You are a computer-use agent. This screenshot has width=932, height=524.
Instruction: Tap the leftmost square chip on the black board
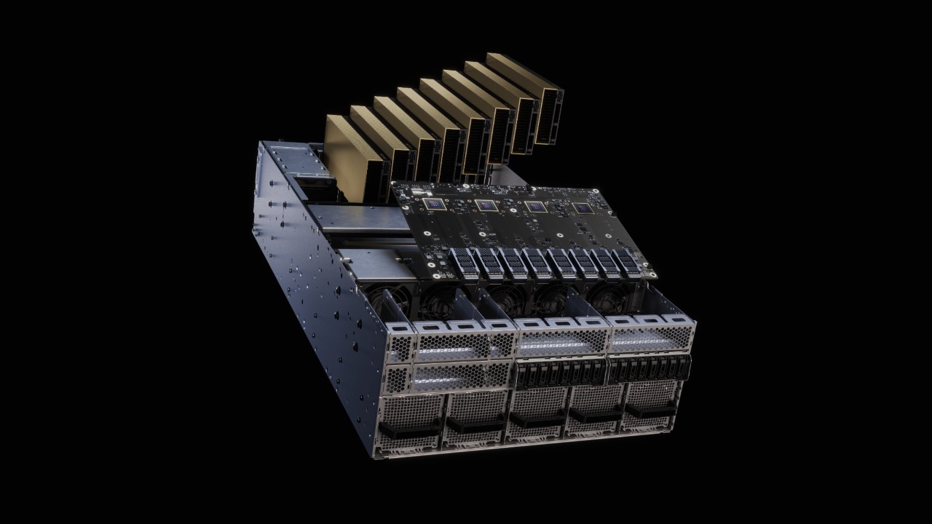click(436, 206)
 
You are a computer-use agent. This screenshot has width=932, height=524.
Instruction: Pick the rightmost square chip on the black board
click(582, 209)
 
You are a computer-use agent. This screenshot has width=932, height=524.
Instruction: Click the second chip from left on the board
click(486, 207)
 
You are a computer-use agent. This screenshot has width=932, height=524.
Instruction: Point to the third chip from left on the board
click(536, 207)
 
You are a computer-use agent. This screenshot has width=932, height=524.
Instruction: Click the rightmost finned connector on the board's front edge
click(628, 261)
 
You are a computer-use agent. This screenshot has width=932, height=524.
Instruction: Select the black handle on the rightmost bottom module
click(651, 410)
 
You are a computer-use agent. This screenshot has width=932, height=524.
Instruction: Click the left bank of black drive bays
click(561, 372)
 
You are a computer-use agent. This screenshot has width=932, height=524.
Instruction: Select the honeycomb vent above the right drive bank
click(650, 337)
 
